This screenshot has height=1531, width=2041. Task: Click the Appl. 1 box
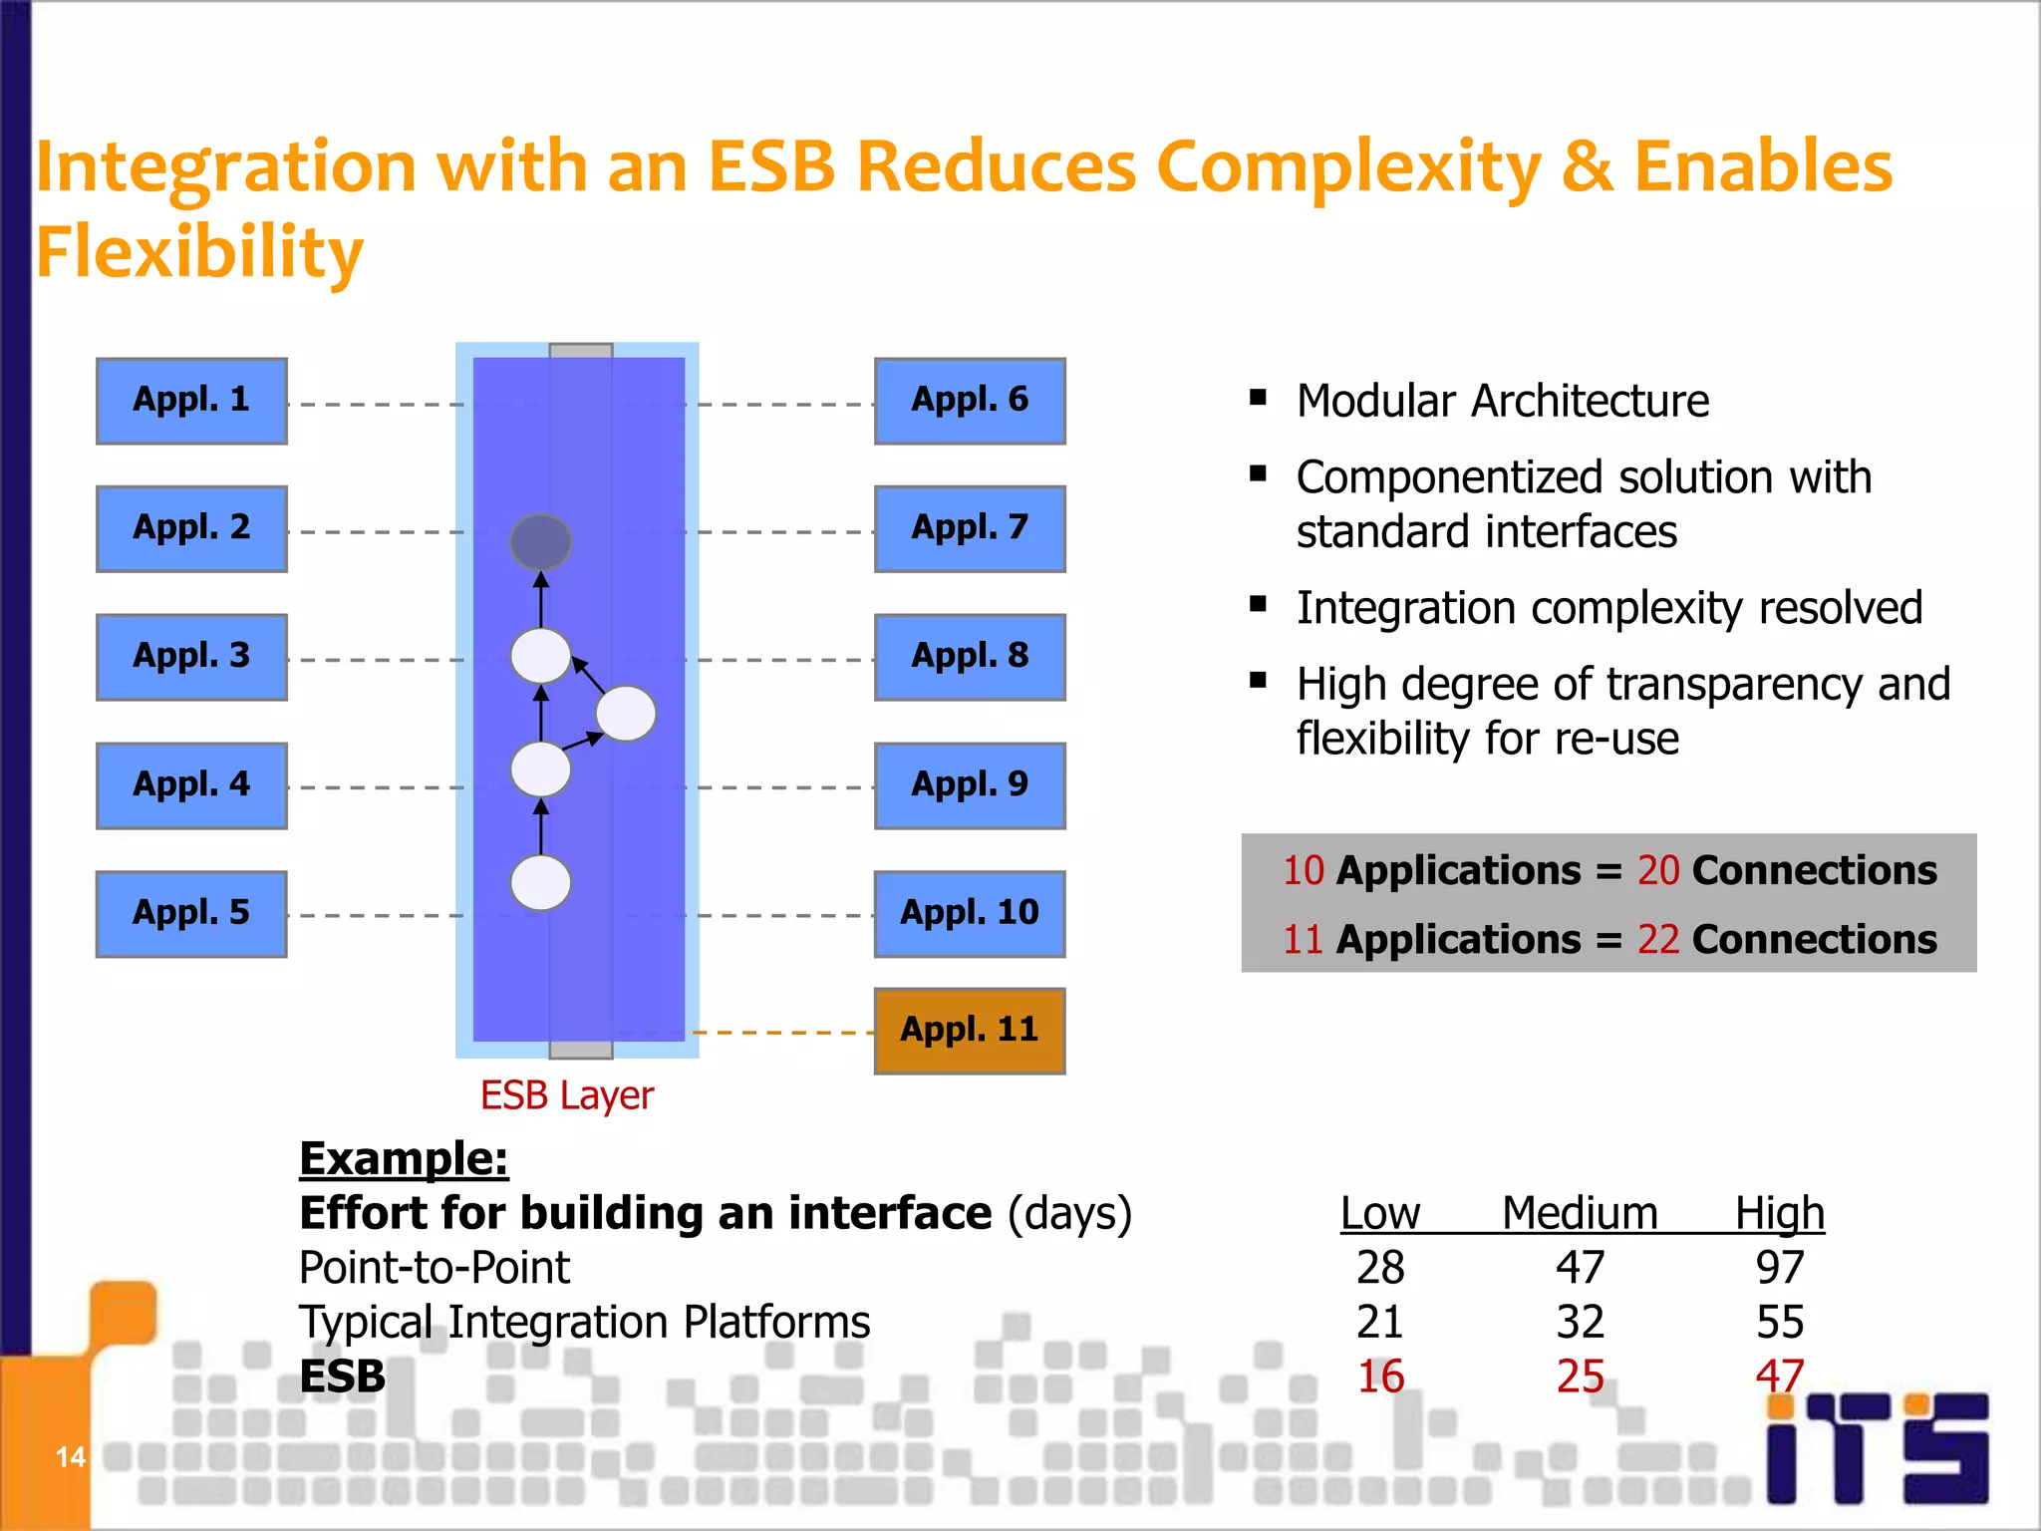pos(191,401)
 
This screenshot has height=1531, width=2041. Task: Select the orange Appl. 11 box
pos(969,1031)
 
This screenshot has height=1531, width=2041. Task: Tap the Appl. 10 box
pos(969,914)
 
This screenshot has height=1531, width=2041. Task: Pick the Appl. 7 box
pos(969,528)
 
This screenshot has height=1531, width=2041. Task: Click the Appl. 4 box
pos(191,785)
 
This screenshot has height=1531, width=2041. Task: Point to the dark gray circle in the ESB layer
pos(540,541)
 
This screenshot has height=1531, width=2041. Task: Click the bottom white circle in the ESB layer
pos(540,883)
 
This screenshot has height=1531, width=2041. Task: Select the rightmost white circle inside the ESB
pos(626,714)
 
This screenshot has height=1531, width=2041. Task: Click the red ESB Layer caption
pos(566,1095)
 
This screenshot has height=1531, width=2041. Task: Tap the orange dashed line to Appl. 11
pos(782,1033)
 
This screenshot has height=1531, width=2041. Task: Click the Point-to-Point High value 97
pos(1780,1268)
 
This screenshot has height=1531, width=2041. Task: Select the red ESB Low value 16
pos(1380,1377)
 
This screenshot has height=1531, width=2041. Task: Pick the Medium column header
pos(1580,1214)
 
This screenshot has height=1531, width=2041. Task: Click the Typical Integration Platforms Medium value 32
pos(1580,1323)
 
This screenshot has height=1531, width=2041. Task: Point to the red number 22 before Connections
pos(1658,940)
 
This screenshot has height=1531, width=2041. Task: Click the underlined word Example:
pos(404,1159)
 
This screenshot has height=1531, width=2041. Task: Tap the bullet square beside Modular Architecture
pos(1259,398)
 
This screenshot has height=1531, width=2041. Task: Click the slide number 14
pos(70,1457)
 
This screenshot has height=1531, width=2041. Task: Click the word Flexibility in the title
pos(199,252)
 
